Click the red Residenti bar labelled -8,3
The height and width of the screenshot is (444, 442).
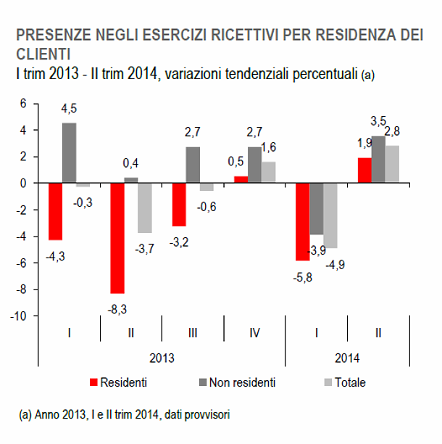click(x=117, y=238)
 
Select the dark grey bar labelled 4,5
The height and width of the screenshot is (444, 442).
click(x=69, y=153)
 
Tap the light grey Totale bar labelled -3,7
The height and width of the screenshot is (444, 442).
click(x=144, y=207)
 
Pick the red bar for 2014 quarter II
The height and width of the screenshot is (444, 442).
click(x=364, y=170)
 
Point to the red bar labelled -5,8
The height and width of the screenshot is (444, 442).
click(x=301, y=221)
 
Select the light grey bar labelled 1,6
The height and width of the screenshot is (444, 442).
click(x=267, y=173)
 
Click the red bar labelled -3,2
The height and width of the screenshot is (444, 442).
click(x=179, y=205)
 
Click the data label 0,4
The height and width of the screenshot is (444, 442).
click(x=130, y=163)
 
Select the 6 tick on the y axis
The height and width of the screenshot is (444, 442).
click(x=22, y=104)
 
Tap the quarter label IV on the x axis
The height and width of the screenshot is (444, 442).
click(x=254, y=333)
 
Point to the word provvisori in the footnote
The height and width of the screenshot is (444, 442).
click(x=207, y=414)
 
